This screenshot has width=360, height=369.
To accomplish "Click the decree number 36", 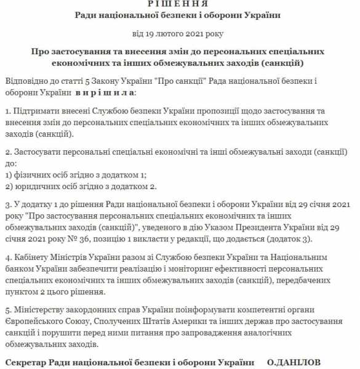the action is pyautogui.click(x=76, y=238).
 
